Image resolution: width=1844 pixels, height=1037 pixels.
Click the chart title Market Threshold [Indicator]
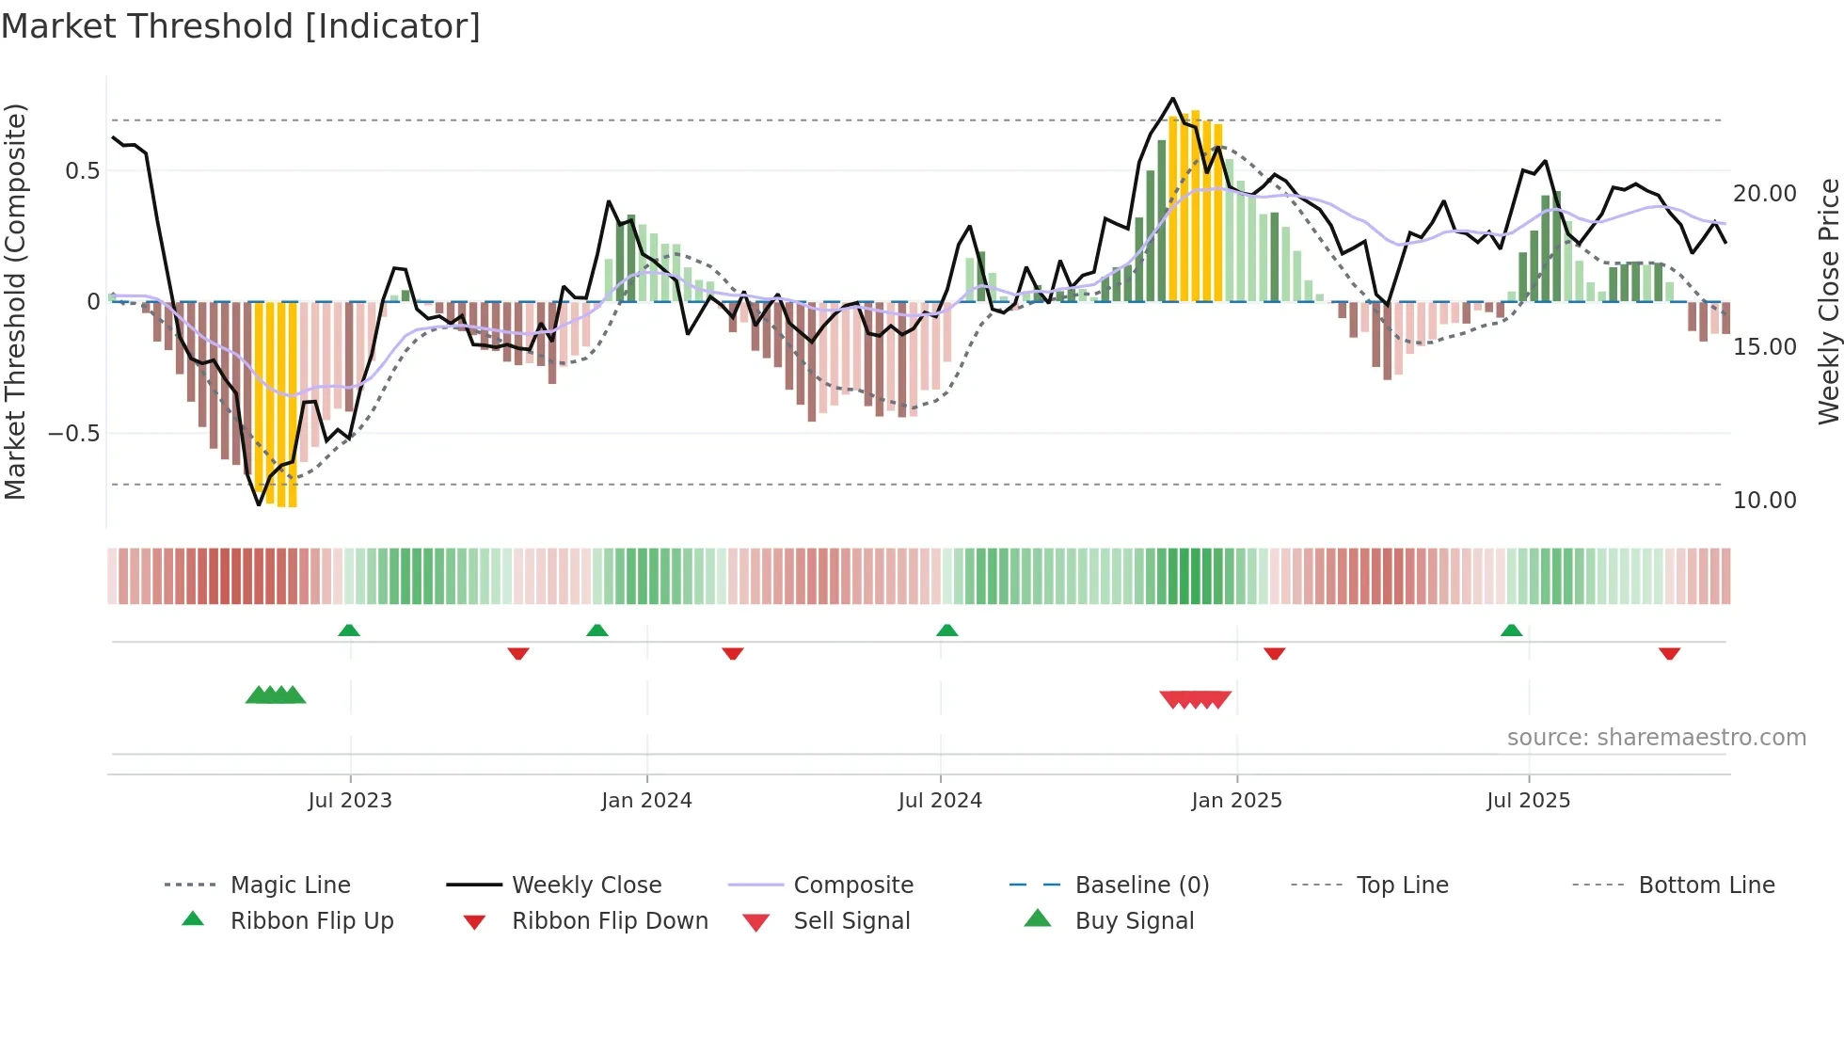tap(241, 26)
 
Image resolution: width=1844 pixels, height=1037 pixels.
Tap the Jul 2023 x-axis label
tap(350, 801)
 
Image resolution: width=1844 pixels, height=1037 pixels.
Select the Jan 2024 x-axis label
tap(646, 801)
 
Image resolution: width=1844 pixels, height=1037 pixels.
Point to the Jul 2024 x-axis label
tap(940, 801)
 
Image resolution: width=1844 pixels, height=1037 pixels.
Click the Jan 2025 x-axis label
tap(1236, 801)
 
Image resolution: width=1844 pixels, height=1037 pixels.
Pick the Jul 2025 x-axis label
tap(1528, 801)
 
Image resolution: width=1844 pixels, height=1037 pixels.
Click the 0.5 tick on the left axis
tap(82, 171)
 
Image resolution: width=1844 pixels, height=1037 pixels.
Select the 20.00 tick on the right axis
tap(1765, 194)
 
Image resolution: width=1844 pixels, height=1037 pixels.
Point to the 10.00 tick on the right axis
tap(1765, 501)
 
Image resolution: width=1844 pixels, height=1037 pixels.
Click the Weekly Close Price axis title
tap(1828, 301)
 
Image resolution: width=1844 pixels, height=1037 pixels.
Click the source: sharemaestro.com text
tap(1656, 738)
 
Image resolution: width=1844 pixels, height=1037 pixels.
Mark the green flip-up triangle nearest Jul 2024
tap(947, 630)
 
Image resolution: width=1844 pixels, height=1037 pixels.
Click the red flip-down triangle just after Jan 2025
tap(1275, 653)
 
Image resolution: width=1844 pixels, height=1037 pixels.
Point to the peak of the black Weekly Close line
tap(1173, 99)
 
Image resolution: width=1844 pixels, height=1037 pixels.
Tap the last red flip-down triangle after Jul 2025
tap(1670, 653)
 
